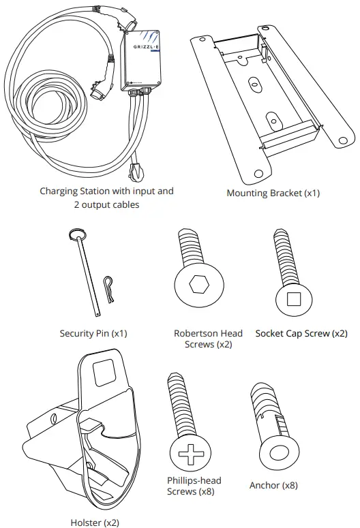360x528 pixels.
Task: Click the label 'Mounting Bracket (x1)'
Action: pyautogui.click(x=273, y=193)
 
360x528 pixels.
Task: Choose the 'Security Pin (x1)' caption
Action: pyautogui.click(x=93, y=333)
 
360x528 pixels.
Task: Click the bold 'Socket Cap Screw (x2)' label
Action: pyautogui.click(x=301, y=333)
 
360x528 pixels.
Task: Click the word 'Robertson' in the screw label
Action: pyautogui.click(x=197, y=333)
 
